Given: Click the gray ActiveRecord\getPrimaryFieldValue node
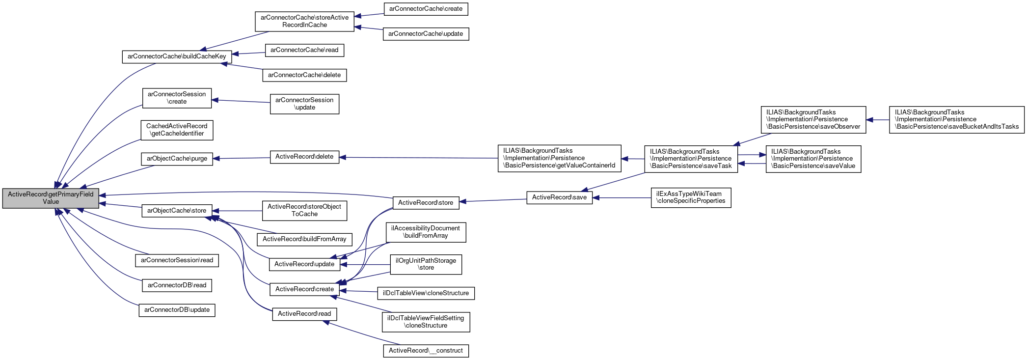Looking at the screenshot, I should click(51, 198).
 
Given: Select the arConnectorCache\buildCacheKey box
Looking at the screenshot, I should click(177, 56).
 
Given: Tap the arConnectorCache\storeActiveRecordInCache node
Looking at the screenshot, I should click(304, 21).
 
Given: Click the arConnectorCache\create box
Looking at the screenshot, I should click(426, 9).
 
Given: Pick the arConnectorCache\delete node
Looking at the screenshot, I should click(304, 75).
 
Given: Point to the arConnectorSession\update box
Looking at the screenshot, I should click(304, 104).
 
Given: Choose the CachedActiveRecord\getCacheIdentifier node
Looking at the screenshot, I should click(177, 130).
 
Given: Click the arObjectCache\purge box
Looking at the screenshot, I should click(177, 159).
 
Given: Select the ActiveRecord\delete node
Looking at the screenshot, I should click(304, 157).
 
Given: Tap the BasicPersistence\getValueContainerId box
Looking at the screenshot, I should click(559, 158).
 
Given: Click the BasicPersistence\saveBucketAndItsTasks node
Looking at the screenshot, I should click(956, 119).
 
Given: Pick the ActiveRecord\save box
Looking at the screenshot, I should click(559, 197).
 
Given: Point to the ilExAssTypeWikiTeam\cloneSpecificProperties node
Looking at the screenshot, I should click(691, 197).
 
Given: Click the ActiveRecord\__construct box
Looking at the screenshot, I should click(426, 351).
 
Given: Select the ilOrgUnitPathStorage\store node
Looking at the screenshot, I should click(426, 264).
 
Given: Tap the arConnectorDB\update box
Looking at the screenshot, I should click(177, 310).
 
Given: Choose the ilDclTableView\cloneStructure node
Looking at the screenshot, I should click(426, 293).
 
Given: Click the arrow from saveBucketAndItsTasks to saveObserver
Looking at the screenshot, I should click(878, 120).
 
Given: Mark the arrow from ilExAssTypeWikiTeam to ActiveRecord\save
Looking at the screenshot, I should click(622, 198).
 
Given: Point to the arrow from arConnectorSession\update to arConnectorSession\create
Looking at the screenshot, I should click(241, 101).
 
